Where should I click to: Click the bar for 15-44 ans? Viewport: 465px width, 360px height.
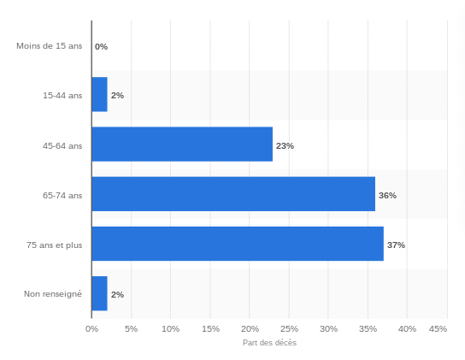[x=100, y=94]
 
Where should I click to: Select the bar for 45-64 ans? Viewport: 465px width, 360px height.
[x=182, y=145]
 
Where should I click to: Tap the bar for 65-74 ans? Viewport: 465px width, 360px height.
[x=233, y=194]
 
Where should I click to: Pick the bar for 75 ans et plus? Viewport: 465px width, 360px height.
[x=238, y=244]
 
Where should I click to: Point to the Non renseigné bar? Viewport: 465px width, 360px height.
[x=100, y=293]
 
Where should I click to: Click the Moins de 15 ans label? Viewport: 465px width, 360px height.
[x=50, y=46]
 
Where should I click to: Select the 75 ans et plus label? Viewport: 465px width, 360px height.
[x=54, y=245]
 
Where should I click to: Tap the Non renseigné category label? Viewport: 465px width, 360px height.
[x=53, y=294]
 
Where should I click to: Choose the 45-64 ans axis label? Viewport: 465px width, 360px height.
[x=62, y=145]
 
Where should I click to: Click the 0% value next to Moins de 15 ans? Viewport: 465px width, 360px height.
[x=102, y=46]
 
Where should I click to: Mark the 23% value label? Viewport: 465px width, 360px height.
[x=285, y=145]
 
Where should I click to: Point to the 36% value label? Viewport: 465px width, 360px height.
[x=387, y=195]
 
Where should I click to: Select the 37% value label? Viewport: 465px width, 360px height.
[x=397, y=245]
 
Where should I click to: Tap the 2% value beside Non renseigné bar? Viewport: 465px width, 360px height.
[x=117, y=294]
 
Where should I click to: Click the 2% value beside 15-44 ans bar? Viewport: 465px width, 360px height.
[x=117, y=95]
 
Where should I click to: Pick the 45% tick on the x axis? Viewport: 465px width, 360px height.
[x=438, y=329]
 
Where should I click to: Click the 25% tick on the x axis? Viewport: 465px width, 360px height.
[x=290, y=329]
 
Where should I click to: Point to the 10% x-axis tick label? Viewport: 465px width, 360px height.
[x=170, y=329]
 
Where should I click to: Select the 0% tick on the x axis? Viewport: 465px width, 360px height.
[x=92, y=329]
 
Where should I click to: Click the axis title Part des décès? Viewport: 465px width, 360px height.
[x=269, y=343]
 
